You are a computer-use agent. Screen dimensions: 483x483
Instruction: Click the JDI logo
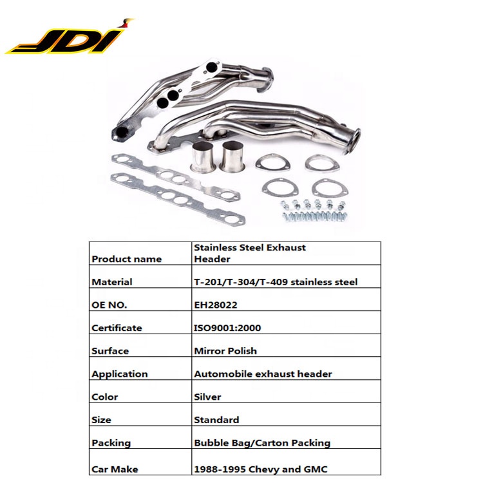(70, 37)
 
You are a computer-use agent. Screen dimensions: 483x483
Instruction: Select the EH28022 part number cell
(216, 305)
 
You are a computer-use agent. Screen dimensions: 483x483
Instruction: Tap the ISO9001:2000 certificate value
(227, 328)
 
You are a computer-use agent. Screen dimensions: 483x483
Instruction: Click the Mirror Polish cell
(225, 351)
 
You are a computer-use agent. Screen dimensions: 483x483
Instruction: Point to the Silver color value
(207, 397)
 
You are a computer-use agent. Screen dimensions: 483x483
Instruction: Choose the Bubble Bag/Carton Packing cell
(262, 443)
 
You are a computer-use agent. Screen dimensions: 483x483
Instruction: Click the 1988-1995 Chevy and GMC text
(261, 469)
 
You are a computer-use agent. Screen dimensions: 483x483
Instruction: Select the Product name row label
(127, 259)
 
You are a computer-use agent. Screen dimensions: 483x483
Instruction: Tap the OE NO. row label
(109, 305)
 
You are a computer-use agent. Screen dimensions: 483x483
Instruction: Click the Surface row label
(110, 351)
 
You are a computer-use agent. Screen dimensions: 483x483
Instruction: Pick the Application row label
(120, 374)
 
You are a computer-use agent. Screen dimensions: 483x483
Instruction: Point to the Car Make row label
(115, 469)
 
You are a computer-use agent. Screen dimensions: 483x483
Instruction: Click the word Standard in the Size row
(216, 420)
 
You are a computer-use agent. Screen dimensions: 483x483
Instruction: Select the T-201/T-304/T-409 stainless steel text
(276, 282)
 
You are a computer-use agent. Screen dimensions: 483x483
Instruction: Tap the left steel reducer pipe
(203, 157)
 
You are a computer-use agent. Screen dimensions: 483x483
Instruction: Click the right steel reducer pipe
(232, 156)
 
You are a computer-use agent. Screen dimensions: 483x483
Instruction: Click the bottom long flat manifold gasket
(178, 200)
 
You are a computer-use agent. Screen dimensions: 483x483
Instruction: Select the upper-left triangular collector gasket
(273, 163)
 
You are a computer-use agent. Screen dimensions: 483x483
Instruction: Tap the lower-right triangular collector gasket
(330, 189)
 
